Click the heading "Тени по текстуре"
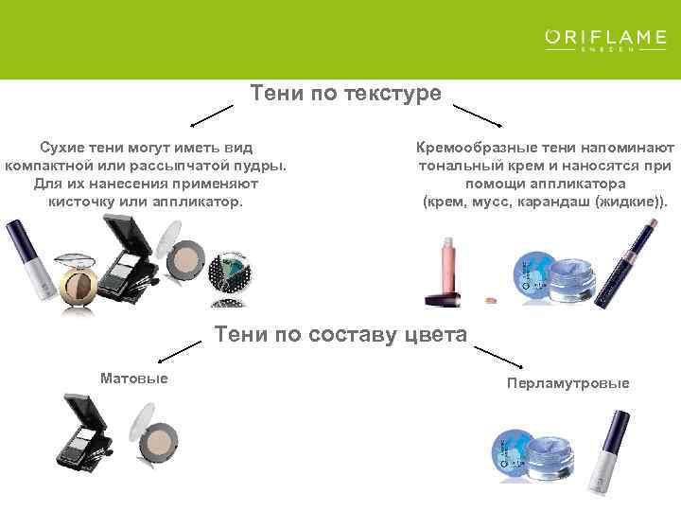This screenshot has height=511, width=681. click(345, 93)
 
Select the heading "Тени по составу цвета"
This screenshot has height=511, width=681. click(341, 335)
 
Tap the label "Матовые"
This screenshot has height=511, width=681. click(133, 379)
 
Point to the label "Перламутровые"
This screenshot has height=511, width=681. click(567, 383)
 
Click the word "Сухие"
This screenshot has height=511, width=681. click(61, 148)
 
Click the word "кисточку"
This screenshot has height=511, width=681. click(84, 202)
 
